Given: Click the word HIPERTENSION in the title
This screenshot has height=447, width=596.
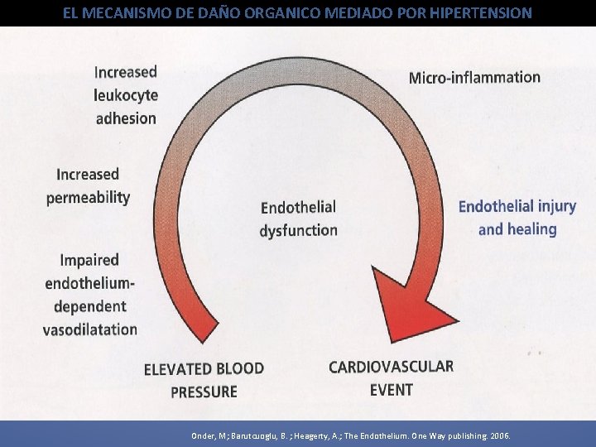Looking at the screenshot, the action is pos(482,13).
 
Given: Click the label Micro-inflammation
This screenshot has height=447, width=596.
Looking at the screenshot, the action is pos(474,77).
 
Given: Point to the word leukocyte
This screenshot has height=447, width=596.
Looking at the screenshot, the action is pos(126,95).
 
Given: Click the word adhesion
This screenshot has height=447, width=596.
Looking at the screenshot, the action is pos(126,118).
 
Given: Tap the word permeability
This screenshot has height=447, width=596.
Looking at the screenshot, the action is pos(89,198).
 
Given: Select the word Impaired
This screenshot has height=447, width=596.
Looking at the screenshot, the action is pos(89,260).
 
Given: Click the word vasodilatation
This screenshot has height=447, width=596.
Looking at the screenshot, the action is pos(90,329).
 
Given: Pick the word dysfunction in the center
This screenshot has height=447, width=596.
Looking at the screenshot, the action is pos(298,230).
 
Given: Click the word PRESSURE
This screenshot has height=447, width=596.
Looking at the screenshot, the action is pos(204,392).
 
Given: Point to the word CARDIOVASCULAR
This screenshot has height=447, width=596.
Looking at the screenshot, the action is pos(391,367).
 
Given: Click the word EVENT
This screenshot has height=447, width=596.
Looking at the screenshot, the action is pos(391,389).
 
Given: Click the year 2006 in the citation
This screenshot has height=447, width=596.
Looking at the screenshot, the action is pos(502,435).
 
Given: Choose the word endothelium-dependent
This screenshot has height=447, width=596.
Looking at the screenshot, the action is pos(89,295).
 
